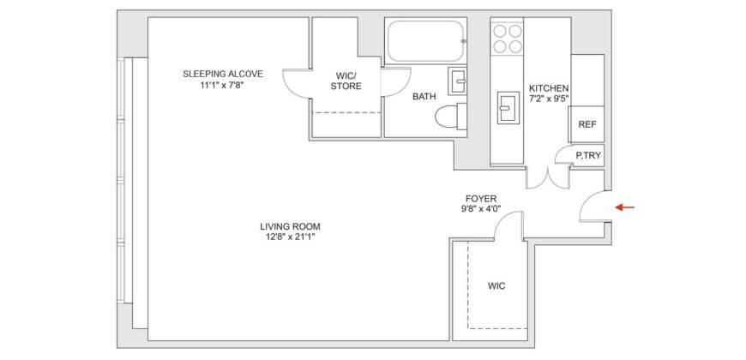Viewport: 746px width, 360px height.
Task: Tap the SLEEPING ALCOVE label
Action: coord(222,74)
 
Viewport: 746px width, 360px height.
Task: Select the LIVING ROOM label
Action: coord(291,226)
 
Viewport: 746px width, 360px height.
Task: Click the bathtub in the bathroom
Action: coord(423,40)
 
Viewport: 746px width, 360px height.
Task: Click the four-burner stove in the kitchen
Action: coord(508,39)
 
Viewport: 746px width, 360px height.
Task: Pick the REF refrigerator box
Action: coord(587,124)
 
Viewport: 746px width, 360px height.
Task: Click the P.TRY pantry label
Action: coord(588,155)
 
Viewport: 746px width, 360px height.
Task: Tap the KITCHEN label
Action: coord(549,88)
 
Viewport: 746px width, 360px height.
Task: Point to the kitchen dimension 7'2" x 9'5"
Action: coord(549,99)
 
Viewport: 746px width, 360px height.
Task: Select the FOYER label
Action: coord(479,198)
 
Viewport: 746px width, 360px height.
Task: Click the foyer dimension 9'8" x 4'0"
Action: coord(479,209)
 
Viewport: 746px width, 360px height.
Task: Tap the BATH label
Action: coord(424,97)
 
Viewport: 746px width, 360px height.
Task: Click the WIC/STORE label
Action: coord(347,81)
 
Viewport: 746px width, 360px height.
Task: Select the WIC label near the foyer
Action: coord(496,285)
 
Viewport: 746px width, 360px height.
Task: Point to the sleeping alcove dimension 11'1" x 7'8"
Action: coord(222,85)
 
